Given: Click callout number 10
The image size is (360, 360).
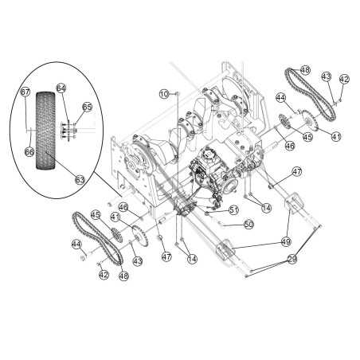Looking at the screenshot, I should [164, 95].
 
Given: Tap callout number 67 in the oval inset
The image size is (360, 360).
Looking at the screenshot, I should [25, 92].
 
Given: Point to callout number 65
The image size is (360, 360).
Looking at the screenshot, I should [86, 107].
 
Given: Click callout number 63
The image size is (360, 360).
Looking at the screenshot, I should [79, 181].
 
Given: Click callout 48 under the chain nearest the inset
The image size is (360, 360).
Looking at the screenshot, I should [123, 276].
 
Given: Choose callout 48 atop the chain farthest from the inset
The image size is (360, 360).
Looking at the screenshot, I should [305, 69].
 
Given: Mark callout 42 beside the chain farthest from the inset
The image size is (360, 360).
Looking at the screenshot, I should [344, 79].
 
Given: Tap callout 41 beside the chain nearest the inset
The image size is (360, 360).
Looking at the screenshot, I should [115, 217].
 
